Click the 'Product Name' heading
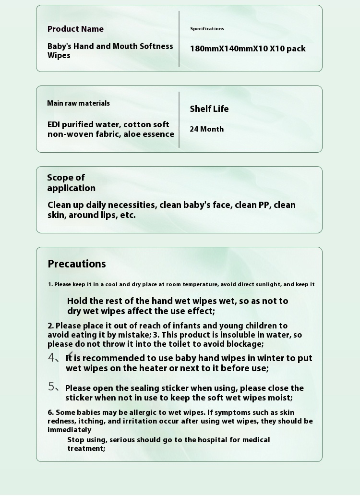click(x=75, y=29)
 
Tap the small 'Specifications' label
click(x=207, y=29)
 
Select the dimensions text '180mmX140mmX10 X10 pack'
click(x=248, y=48)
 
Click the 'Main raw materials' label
click(x=78, y=103)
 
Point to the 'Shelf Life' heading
click(x=209, y=109)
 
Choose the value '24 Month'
click(x=206, y=129)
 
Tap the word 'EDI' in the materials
click(x=54, y=124)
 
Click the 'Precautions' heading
click(x=77, y=264)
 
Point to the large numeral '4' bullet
click(x=51, y=358)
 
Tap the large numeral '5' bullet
click(x=51, y=387)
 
